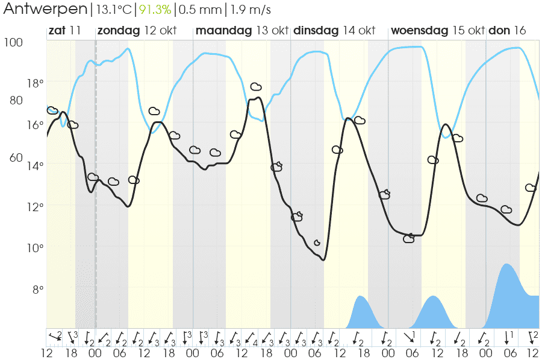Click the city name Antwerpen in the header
45,10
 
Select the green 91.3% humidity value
155,10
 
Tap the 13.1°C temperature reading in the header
113,10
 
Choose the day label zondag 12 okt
137,31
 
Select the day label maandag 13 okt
241,31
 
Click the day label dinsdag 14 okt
334,31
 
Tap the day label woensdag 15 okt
438,31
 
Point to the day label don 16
507,31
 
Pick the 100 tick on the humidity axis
13,42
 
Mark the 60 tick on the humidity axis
16,157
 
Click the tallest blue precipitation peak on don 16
506,265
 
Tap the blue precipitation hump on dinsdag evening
360,297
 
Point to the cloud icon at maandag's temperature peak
256,87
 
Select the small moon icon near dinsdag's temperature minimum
317,243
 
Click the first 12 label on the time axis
46,354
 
